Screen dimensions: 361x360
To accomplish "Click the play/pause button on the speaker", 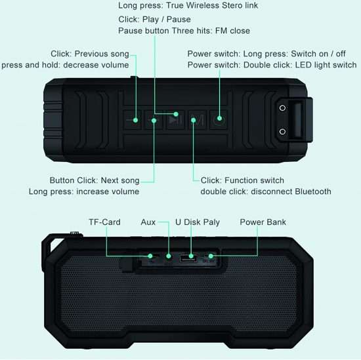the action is click(175, 120).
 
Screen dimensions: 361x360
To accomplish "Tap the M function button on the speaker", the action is click(197, 120).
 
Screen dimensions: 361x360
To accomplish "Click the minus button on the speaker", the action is click(133, 120).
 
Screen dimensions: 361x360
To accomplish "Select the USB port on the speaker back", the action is click(188, 258).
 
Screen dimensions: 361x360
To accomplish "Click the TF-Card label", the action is click(104, 222).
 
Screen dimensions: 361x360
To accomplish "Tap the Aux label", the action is click(148, 222).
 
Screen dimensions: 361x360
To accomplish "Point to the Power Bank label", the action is click(263, 222).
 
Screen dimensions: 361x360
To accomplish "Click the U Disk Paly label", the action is click(198, 222).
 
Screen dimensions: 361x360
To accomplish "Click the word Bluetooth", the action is click(313, 191).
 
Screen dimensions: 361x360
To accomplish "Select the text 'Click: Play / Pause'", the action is click(154, 19).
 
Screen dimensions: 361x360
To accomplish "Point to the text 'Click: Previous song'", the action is click(90, 54).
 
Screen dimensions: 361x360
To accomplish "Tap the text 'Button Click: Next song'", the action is click(95, 180).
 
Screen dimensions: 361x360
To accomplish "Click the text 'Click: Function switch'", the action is click(242, 180).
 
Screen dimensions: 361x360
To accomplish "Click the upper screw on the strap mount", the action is click(282, 108).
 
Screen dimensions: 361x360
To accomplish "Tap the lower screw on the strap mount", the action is click(282, 132).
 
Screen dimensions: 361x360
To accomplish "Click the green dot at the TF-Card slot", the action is click(150, 256).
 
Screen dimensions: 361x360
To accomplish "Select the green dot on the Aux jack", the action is click(169, 256).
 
